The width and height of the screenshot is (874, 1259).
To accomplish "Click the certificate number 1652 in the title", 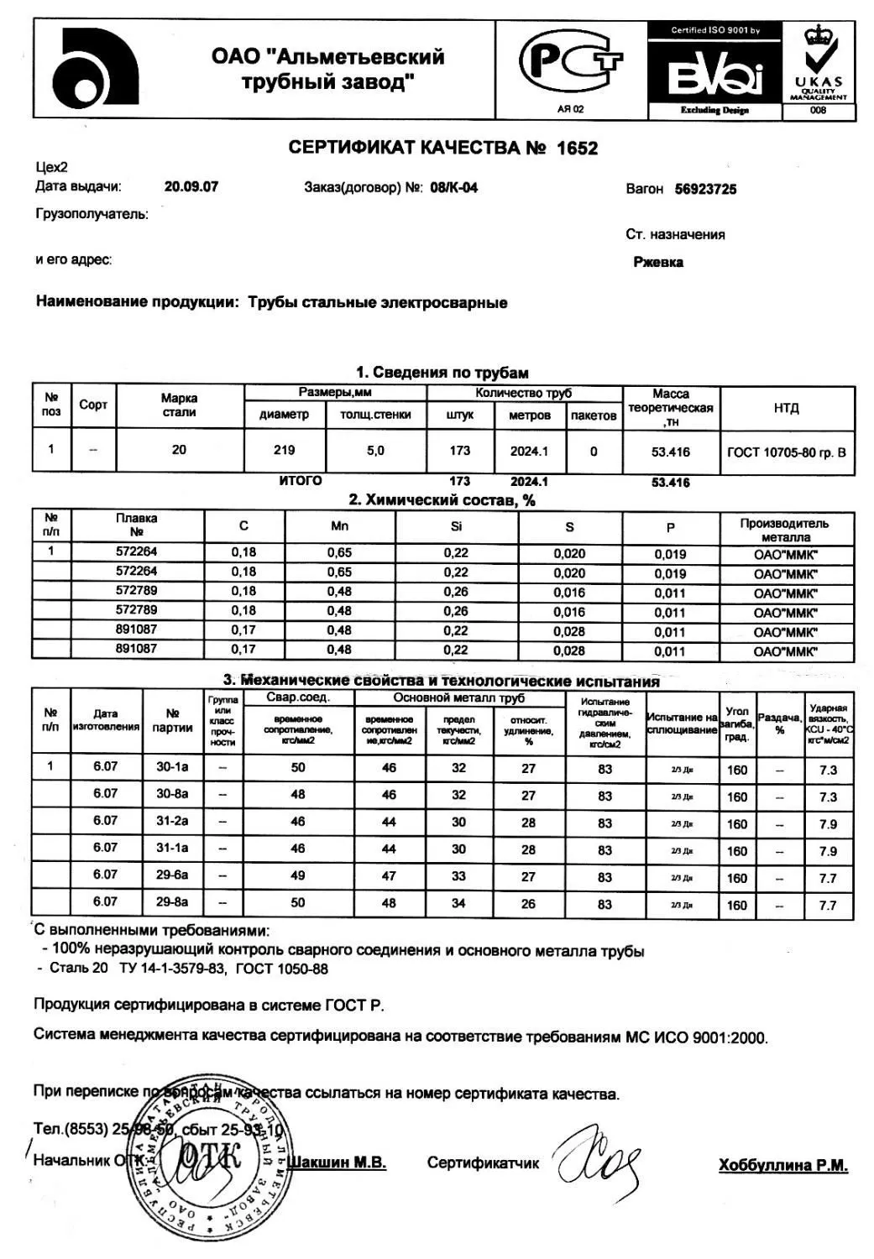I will (577, 149).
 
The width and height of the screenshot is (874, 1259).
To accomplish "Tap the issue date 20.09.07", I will (191, 186).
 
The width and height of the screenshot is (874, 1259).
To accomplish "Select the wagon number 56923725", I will (705, 189).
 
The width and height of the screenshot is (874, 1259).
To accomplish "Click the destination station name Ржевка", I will (658, 262).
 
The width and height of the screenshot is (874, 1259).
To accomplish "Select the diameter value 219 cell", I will (285, 451).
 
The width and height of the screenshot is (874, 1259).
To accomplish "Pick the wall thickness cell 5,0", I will (375, 451).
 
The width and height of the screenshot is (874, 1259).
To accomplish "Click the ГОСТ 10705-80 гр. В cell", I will (787, 452).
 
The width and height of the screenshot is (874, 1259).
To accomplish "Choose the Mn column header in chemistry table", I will (339, 526).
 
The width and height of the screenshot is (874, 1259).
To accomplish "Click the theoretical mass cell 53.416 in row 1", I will (670, 452).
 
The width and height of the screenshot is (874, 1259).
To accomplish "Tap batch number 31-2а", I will (172, 821).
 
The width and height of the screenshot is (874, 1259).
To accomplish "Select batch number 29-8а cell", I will (172, 902).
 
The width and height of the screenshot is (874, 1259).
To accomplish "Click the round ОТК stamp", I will (208, 1159).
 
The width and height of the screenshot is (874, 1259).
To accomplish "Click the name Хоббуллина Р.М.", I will (782, 1165).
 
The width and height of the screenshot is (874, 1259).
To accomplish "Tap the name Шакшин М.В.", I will (337, 1162).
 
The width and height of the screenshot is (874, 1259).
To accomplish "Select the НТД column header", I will (787, 408).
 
